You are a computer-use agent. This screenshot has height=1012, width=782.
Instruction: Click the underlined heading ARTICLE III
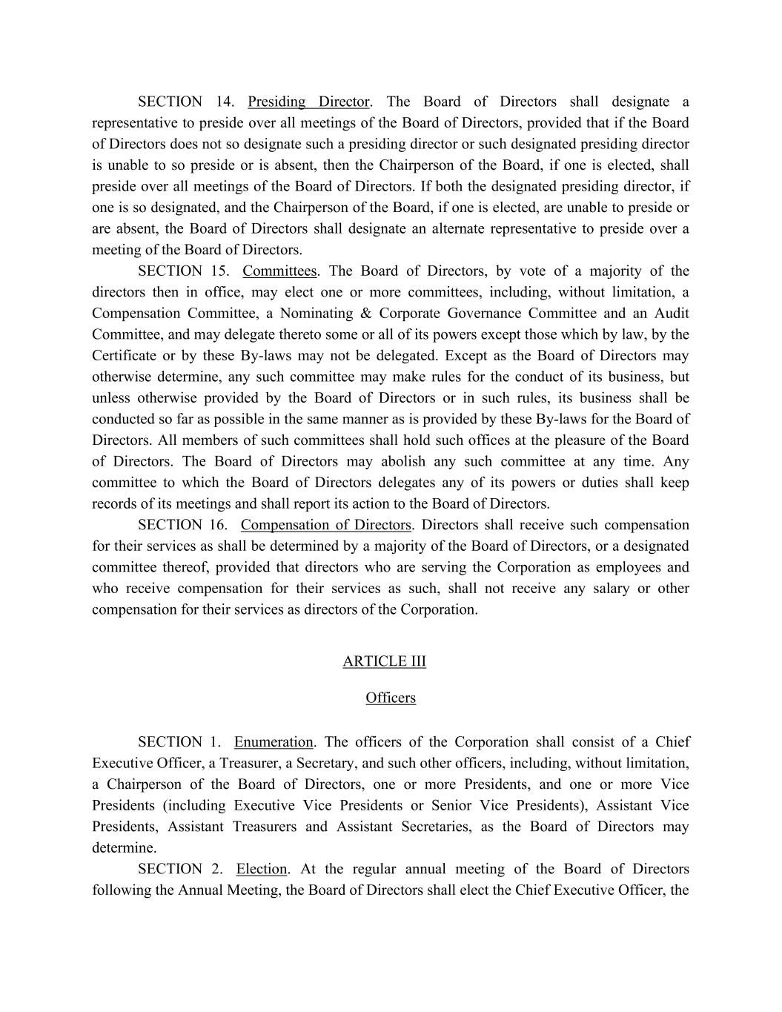click(x=384, y=661)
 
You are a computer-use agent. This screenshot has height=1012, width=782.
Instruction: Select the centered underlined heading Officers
click(x=391, y=698)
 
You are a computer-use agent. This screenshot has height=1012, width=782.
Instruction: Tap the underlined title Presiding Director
click(x=308, y=102)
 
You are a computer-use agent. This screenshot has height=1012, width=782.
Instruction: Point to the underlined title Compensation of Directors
click(x=325, y=525)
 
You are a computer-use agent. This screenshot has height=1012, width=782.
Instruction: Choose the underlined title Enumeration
click(x=274, y=742)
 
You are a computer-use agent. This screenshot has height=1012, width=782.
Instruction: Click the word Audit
click(x=671, y=314)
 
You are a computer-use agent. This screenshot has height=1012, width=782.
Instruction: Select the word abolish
click(x=403, y=461)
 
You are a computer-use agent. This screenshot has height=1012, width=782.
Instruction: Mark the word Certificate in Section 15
click(x=123, y=356)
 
